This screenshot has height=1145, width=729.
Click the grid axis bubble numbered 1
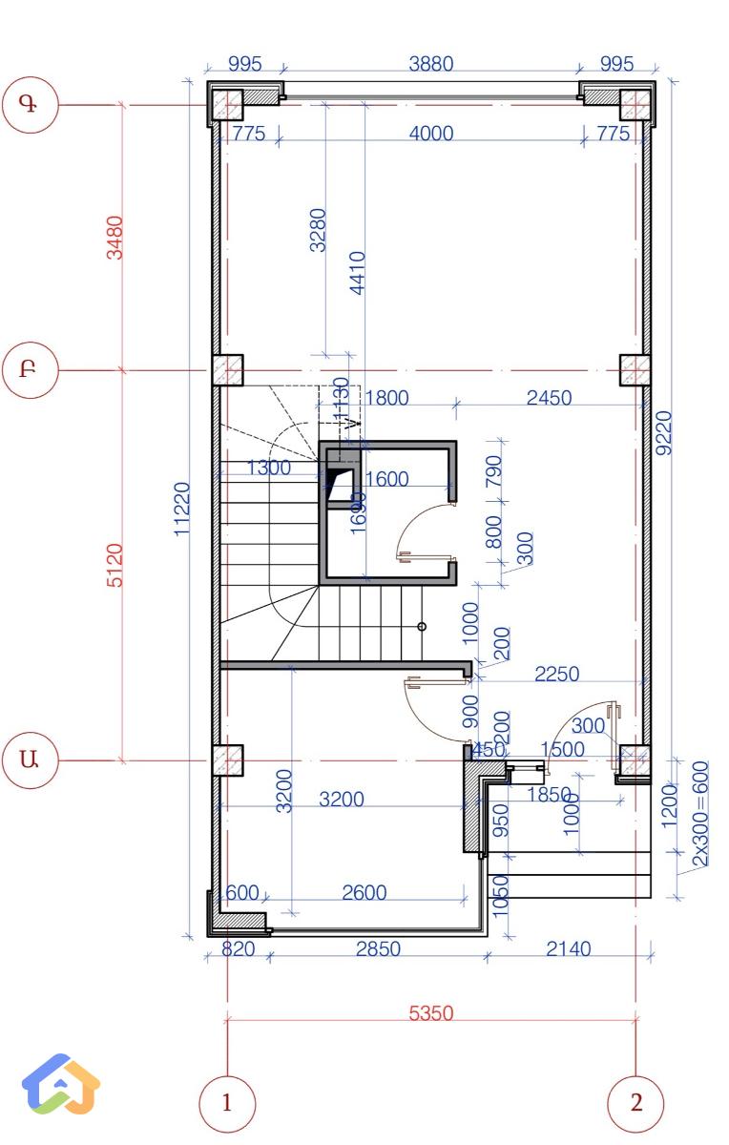(x=226, y=1103)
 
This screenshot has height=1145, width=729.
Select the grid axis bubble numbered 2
(x=635, y=1103)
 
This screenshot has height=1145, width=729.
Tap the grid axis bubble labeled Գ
(x=31, y=104)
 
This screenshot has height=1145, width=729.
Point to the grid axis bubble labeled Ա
(x=31, y=760)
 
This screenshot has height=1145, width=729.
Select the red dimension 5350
(x=431, y=1012)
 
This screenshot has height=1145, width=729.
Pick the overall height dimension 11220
(x=183, y=510)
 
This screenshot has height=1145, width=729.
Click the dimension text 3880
(x=431, y=64)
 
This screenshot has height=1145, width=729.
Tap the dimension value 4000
(x=431, y=134)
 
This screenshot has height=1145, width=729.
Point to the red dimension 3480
(x=115, y=237)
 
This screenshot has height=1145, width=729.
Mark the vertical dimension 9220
(x=665, y=432)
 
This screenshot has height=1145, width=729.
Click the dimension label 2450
(x=550, y=398)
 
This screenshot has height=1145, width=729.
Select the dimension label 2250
(x=556, y=674)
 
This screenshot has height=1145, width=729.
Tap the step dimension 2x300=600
(x=700, y=814)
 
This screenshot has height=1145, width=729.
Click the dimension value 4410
(x=358, y=272)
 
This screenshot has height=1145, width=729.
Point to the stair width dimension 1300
(x=268, y=468)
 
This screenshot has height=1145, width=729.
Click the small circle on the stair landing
(x=422, y=627)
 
